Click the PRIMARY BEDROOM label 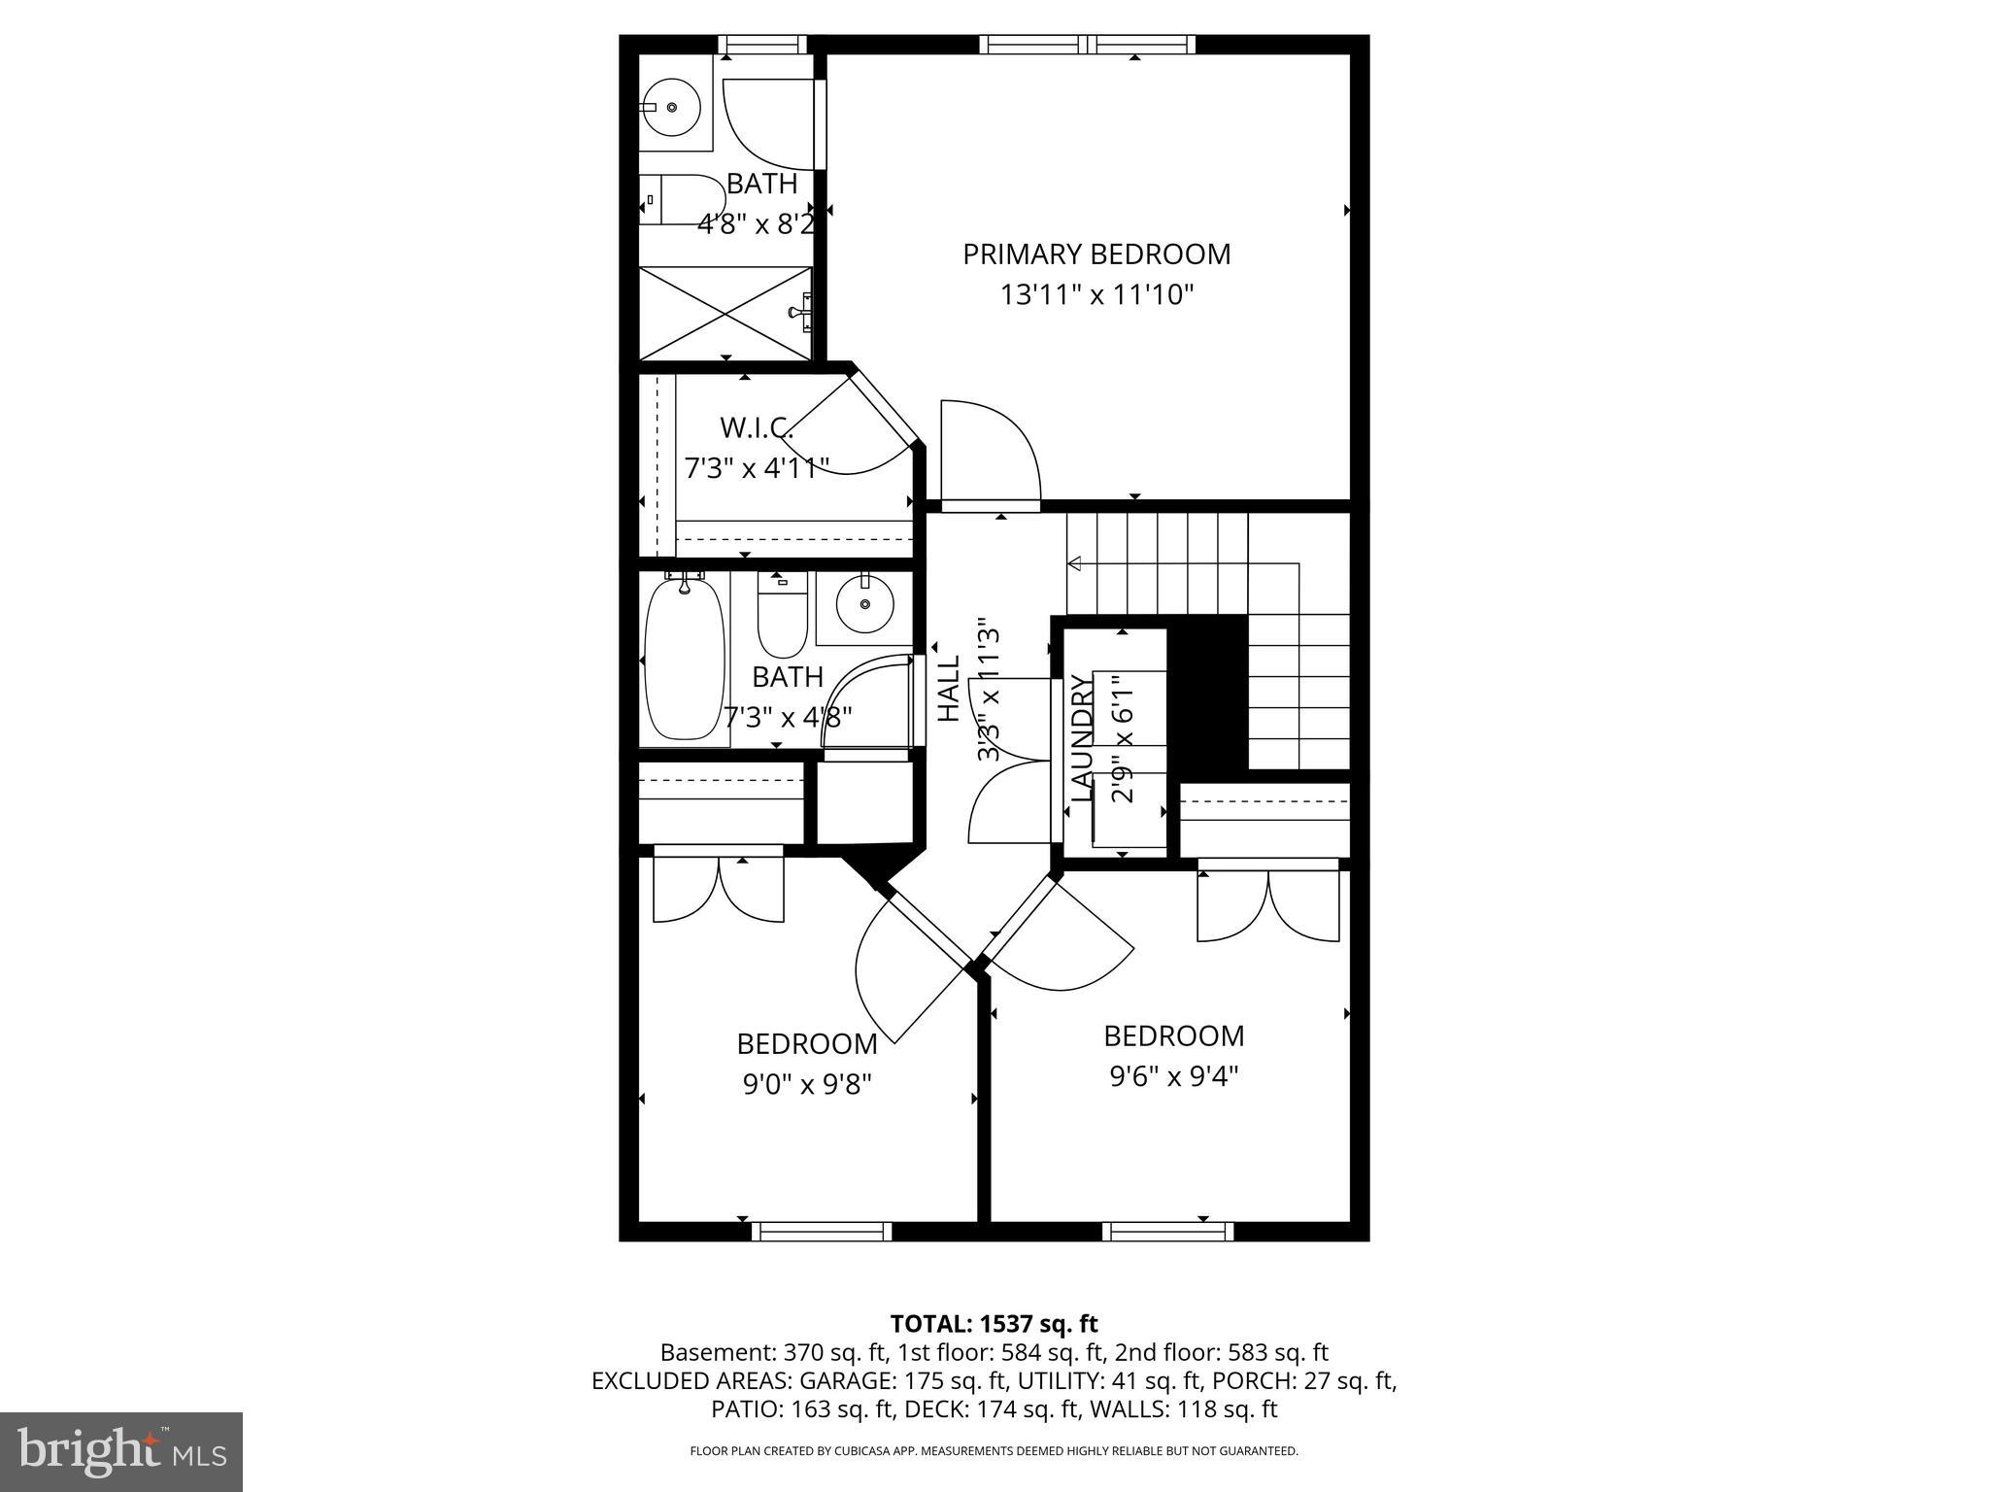(1096, 254)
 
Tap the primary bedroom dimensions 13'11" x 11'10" (1096, 294)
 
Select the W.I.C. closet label (756, 427)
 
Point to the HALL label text (948, 688)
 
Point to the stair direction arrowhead (1075, 562)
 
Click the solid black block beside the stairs (1206, 692)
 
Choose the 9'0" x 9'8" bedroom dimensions (807, 1084)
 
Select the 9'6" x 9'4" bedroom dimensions (1174, 1076)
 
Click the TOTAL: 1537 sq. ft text (994, 1323)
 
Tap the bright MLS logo (120, 1451)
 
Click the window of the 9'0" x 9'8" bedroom (822, 1232)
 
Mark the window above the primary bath (762, 45)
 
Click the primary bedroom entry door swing (991, 453)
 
